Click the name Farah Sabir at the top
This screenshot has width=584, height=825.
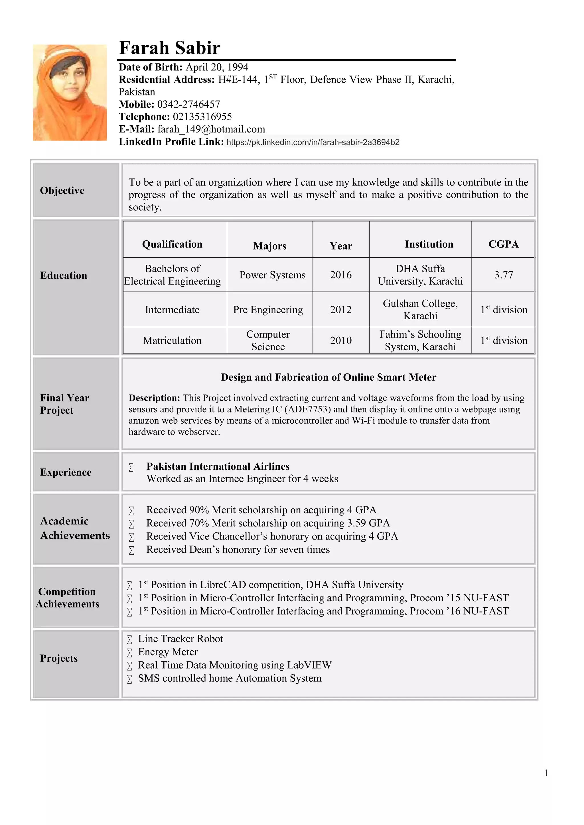coord(169,48)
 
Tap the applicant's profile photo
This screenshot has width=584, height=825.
coord(70,92)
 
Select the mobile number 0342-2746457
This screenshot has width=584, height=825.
coord(188,104)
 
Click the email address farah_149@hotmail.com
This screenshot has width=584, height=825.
coord(211,129)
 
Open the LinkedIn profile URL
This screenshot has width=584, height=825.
coord(313,142)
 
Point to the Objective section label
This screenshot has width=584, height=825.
coord(62,191)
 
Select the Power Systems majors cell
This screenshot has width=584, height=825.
coord(272,275)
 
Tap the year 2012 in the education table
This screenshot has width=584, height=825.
coord(340,310)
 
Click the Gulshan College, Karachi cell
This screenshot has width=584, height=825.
coord(420,309)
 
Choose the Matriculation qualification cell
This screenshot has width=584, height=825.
coord(172,341)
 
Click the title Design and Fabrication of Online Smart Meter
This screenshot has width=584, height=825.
coord(328,377)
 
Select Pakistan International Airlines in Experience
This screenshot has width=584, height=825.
coord(218,466)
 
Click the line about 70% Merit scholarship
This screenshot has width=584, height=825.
coord(268,523)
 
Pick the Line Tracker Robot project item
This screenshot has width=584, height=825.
coord(181,639)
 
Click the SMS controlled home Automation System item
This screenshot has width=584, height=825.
coord(230,678)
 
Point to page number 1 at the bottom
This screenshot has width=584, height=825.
coord(546,773)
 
